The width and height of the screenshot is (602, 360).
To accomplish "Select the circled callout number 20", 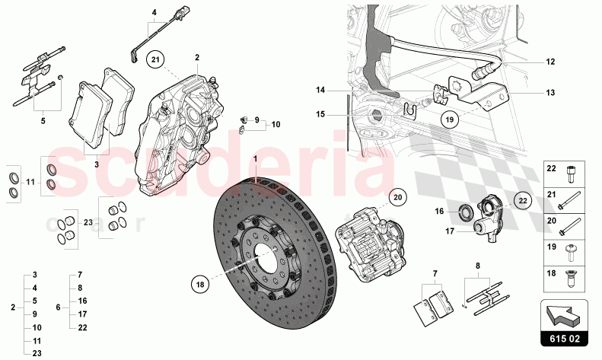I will tap(397, 196).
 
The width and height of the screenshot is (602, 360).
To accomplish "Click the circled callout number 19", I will tap(451, 119).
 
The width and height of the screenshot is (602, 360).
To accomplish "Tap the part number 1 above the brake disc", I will tap(256, 158).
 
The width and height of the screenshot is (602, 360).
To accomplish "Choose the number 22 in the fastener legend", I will tap(553, 170).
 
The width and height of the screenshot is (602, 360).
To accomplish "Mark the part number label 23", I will tap(88, 223).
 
